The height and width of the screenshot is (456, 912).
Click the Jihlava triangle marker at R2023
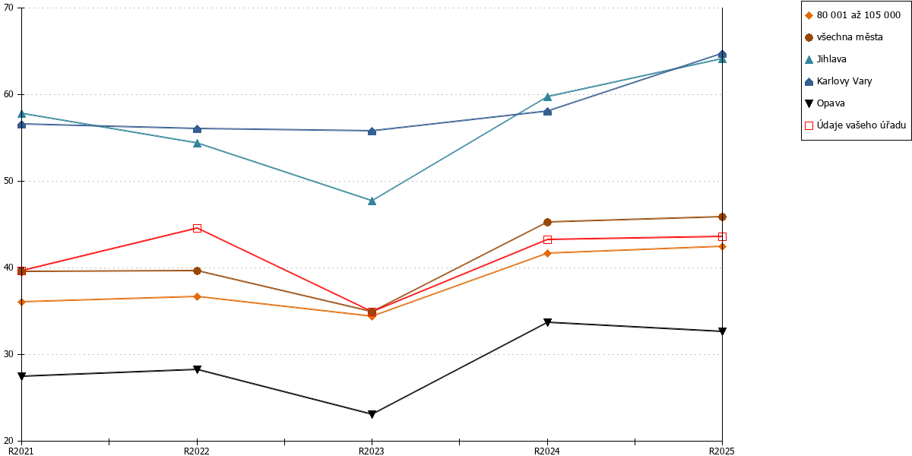click(x=372, y=201)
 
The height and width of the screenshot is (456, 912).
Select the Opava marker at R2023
click(x=372, y=414)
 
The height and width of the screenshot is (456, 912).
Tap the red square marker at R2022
click(x=197, y=229)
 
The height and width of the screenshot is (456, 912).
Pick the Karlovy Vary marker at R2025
click(x=722, y=54)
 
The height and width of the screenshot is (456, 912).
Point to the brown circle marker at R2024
click(x=548, y=222)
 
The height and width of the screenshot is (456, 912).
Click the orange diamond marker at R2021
click(x=21, y=302)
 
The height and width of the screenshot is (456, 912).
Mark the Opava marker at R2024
click(x=548, y=322)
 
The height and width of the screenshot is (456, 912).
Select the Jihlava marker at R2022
click(x=197, y=143)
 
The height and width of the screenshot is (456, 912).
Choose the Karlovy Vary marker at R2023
click(x=372, y=131)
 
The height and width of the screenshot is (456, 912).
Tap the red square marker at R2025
click(x=722, y=236)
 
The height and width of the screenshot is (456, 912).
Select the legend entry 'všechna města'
click(x=844, y=37)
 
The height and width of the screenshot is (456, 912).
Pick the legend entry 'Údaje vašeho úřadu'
click(x=856, y=125)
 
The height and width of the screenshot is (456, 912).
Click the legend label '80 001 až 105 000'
click(x=859, y=15)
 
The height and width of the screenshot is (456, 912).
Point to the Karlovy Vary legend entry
click(x=839, y=81)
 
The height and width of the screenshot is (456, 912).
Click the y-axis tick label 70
click(x=8, y=8)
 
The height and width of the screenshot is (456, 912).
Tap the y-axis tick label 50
click(x=8, y=181)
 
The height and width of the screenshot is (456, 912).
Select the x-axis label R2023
click(x=372, y=451)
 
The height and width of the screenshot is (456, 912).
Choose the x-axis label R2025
click(x=722, y=451)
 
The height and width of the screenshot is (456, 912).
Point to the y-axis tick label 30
click(x=8, y=354)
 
